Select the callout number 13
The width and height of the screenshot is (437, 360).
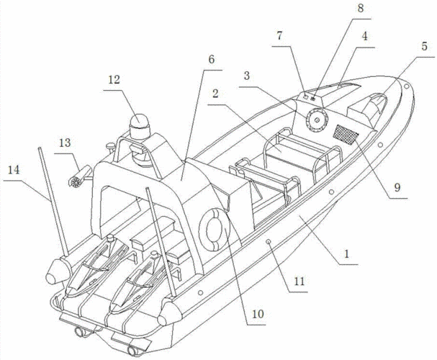point(65,143)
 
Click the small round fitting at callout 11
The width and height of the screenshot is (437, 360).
point(269,244)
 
